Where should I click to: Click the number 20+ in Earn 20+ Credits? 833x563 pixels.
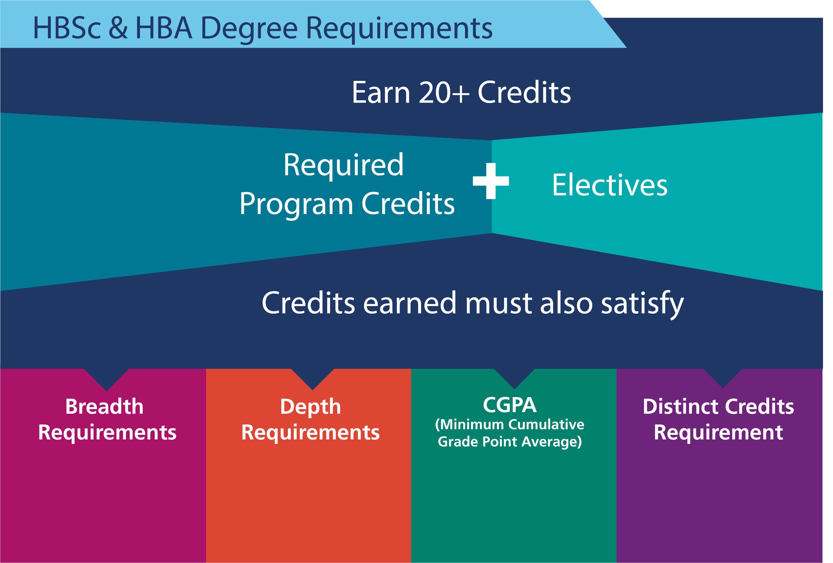(x=444, y=93)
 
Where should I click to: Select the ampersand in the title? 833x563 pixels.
(x=118, y=28)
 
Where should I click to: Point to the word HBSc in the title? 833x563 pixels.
(x=67, y=28)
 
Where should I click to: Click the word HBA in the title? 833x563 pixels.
(x=164, y=28)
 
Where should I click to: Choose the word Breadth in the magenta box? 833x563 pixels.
(x=104, y=407)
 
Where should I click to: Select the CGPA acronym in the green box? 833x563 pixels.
(x=509, y=405)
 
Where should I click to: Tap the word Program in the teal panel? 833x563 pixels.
(x=296, y=204)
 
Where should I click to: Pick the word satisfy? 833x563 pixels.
(x=642, y=304)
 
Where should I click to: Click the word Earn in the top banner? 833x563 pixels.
(x=381, y=93)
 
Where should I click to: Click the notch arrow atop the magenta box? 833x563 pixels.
(x=106, y=380)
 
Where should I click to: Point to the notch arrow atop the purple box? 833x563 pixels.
(x=723, y=378)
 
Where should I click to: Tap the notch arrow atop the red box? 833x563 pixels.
(x=313, y=379)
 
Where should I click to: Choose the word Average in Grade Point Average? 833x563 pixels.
(x=552, y=442)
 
